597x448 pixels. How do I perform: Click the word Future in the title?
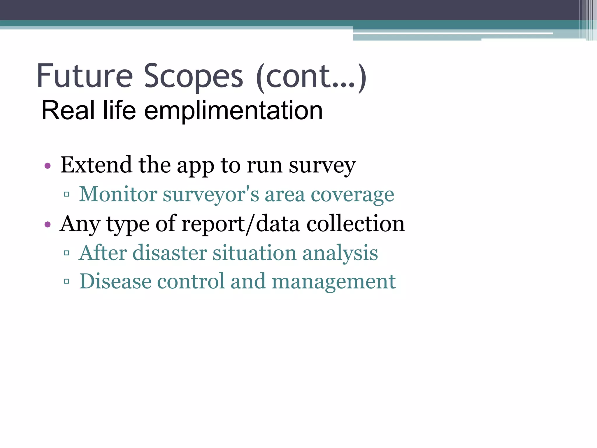(x=85, y=76)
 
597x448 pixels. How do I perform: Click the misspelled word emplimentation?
(x=233, y=111)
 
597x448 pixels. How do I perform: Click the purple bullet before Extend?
(x=48, y=166)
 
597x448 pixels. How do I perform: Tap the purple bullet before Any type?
(x=48, y=225)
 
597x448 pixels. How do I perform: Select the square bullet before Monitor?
(x=66, y=194)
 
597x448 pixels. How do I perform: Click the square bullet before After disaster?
(x=66, y=253)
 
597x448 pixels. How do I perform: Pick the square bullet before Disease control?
(x=66, y=281)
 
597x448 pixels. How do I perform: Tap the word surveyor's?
(x=211, y=194)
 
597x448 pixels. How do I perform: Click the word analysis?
(x=340, y=253)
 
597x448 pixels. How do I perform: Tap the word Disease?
(x=115, y=281)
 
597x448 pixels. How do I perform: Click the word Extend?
(x=96, y=165)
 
